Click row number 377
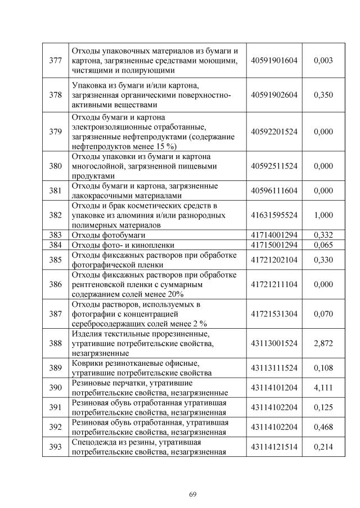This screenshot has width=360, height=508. tap(55, 61)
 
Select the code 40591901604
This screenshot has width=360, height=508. tap(274, 61)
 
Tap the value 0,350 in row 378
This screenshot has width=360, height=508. tap(323, 95)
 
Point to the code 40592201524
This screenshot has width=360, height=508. tap(274, 131)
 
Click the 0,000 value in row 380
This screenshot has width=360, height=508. tap(323, 166)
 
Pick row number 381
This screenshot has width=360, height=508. tap(55, 190)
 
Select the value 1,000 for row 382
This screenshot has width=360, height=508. tap(323, 215)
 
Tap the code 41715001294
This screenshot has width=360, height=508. tap(274, 245)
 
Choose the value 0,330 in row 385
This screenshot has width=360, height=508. tap(323, 260)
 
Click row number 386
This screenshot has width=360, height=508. tap(55, 284)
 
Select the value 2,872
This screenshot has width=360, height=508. tap(323, 343)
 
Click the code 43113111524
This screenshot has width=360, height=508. tap(274, 368)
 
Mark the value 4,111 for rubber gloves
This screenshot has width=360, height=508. tap(323, 387)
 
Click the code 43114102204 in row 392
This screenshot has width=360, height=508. tap(274, 427)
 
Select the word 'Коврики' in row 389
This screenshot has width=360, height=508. tap(88, 363)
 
